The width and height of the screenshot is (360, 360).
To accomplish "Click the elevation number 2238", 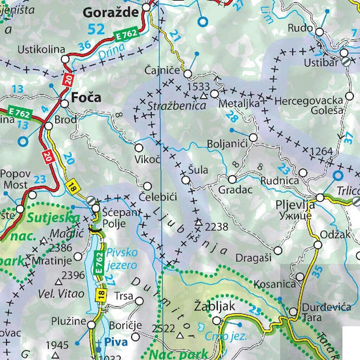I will (216, 226).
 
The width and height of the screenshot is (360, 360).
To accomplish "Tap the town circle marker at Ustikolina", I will (65, 60).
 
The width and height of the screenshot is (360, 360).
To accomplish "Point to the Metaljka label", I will (237, 103).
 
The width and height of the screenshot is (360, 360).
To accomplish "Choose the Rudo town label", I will (300, 28).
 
